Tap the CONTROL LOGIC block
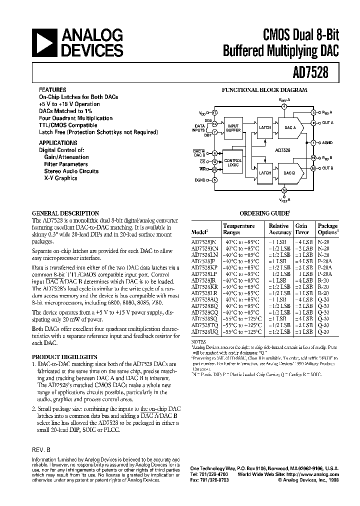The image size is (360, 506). (233, 162)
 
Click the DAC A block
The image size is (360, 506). (290, 127)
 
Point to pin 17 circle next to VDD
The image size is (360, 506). (214, 113)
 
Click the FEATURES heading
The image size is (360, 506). (53, 90)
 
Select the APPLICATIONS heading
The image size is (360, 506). (58, 142)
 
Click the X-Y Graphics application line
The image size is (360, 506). (60, 178)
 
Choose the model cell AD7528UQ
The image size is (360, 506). (205, 331)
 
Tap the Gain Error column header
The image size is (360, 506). (301, 229)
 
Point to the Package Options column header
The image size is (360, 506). (328, 229)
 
